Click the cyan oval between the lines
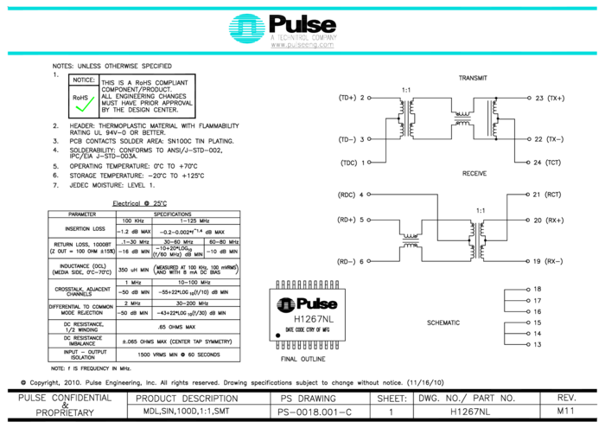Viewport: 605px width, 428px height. [247, 29]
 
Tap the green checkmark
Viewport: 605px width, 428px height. [84, 105]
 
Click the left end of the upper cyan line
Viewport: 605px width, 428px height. [8, 9]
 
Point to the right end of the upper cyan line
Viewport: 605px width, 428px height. [597, 9]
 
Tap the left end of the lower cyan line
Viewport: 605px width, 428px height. [8, 54]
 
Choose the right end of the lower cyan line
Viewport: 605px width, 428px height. [597, 54]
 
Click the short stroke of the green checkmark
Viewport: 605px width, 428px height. [79, 108]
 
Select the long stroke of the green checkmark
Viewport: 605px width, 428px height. [89, 103]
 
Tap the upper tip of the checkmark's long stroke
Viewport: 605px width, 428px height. [94, 97]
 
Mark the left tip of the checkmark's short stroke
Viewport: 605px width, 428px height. [75, 105]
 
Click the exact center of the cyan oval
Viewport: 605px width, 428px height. [247, 29]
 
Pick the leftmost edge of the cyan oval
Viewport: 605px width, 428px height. [228, 29]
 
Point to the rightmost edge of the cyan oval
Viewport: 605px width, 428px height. [266, 29]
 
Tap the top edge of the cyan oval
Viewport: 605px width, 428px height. [247, 14]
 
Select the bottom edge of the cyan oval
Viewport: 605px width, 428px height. [247, 43]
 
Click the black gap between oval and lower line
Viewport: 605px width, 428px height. [247, 48]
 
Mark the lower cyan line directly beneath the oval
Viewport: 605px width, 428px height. [247, 54]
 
